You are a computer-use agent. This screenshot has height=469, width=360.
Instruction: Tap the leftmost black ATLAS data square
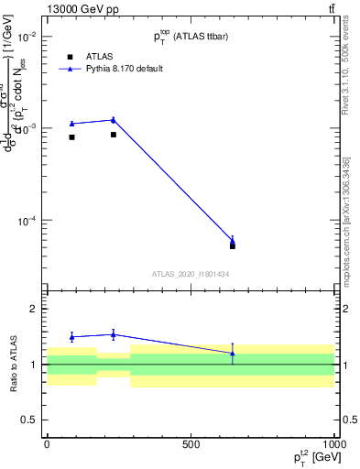[71, 137]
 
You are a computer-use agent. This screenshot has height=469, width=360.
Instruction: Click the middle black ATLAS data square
[113, 135]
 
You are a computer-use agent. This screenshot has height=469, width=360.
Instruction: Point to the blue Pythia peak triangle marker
[113, 120]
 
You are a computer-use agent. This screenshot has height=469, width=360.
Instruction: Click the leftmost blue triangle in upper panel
[71, 124]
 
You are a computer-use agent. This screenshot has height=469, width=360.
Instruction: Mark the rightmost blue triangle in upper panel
[233, 242]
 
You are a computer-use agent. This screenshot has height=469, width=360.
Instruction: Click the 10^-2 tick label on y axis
[27, 37]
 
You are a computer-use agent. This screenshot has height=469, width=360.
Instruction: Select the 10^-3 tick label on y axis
[27, 129]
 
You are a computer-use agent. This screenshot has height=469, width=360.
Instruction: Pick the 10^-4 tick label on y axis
[27, 221]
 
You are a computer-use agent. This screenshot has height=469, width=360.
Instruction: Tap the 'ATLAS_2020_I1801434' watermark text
[190, 274]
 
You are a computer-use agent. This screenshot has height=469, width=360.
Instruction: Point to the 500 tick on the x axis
[191, 444]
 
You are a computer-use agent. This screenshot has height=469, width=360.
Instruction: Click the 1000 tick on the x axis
[333, 444]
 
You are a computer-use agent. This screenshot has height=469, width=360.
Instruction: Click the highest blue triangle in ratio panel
[113, 334]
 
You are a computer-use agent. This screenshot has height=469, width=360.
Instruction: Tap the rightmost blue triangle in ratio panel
[233, 353]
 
